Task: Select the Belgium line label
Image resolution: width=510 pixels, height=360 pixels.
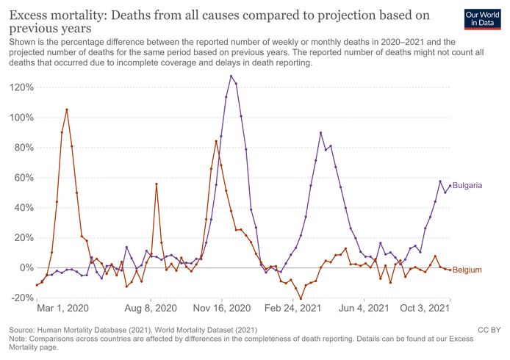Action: point(467,270)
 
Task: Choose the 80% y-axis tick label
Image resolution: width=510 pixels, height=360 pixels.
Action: point(22,148)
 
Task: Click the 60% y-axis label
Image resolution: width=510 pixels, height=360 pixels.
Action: point(22,178)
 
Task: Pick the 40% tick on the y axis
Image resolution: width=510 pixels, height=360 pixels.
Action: point(22,208)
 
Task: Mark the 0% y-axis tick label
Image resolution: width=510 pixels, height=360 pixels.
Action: point(25,268)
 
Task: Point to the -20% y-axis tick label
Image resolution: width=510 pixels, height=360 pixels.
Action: point(21,298)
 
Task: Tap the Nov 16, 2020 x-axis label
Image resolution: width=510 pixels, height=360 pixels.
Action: point(225,309)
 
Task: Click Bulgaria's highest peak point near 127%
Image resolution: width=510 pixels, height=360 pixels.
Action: point(231,76)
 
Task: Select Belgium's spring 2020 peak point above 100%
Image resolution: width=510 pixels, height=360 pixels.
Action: point(67,109)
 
